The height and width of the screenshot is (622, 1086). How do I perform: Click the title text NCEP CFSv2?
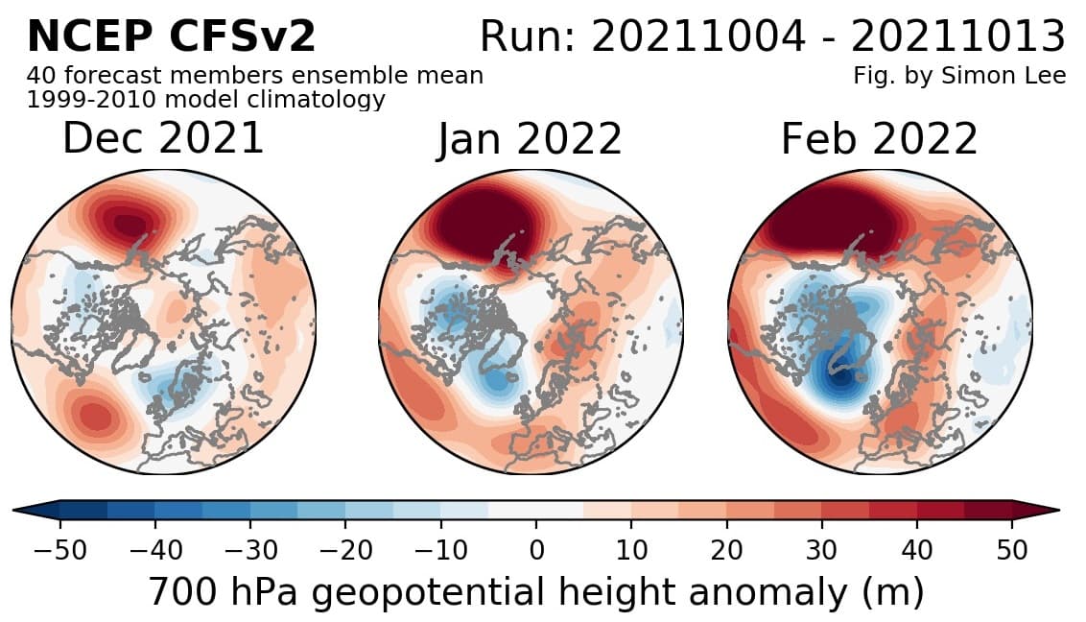click(x=171, y=36)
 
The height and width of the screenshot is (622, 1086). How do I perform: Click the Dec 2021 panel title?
click(x=163, y=139)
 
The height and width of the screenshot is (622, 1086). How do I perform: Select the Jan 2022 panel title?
click(x=530, y=140)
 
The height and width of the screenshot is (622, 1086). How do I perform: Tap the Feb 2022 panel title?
click(x=879, y=139)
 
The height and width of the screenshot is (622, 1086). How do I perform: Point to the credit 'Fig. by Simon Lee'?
click(x=958, y=76)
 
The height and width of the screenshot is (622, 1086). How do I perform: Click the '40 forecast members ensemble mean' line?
click(x=255, y=76)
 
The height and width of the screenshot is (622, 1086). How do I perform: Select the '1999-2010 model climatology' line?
click(x=205, y=99)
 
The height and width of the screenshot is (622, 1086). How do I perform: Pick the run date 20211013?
click(x=957, y=37)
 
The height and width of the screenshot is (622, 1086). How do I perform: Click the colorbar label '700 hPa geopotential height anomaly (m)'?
click(x=536, y=592)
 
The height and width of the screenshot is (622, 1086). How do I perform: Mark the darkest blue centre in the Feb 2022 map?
click(x=841, y=377)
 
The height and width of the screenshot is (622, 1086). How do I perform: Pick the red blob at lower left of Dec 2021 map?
click(x=93, y=416)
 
